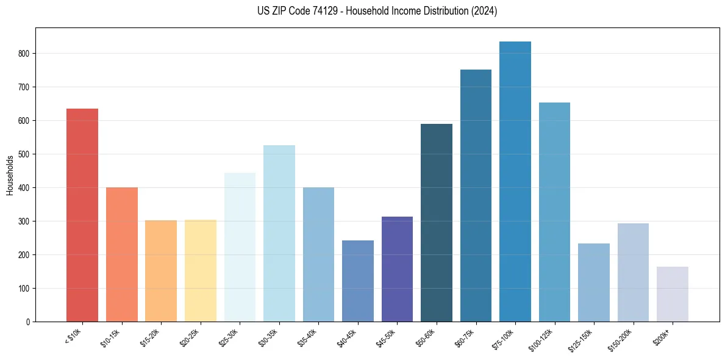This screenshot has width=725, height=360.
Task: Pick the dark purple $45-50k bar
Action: pyautogui.click(x=397, y=269)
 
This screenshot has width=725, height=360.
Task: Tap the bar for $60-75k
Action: pyautogui.click(x=476, y=195)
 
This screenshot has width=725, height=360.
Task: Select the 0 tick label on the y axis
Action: pyautogui.click(x=28, y=322)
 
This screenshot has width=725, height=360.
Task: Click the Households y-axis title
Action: pyautogui.click(x=10, y=175)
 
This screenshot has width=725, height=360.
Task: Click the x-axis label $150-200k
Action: pyautogui.click(x=624, y=339)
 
